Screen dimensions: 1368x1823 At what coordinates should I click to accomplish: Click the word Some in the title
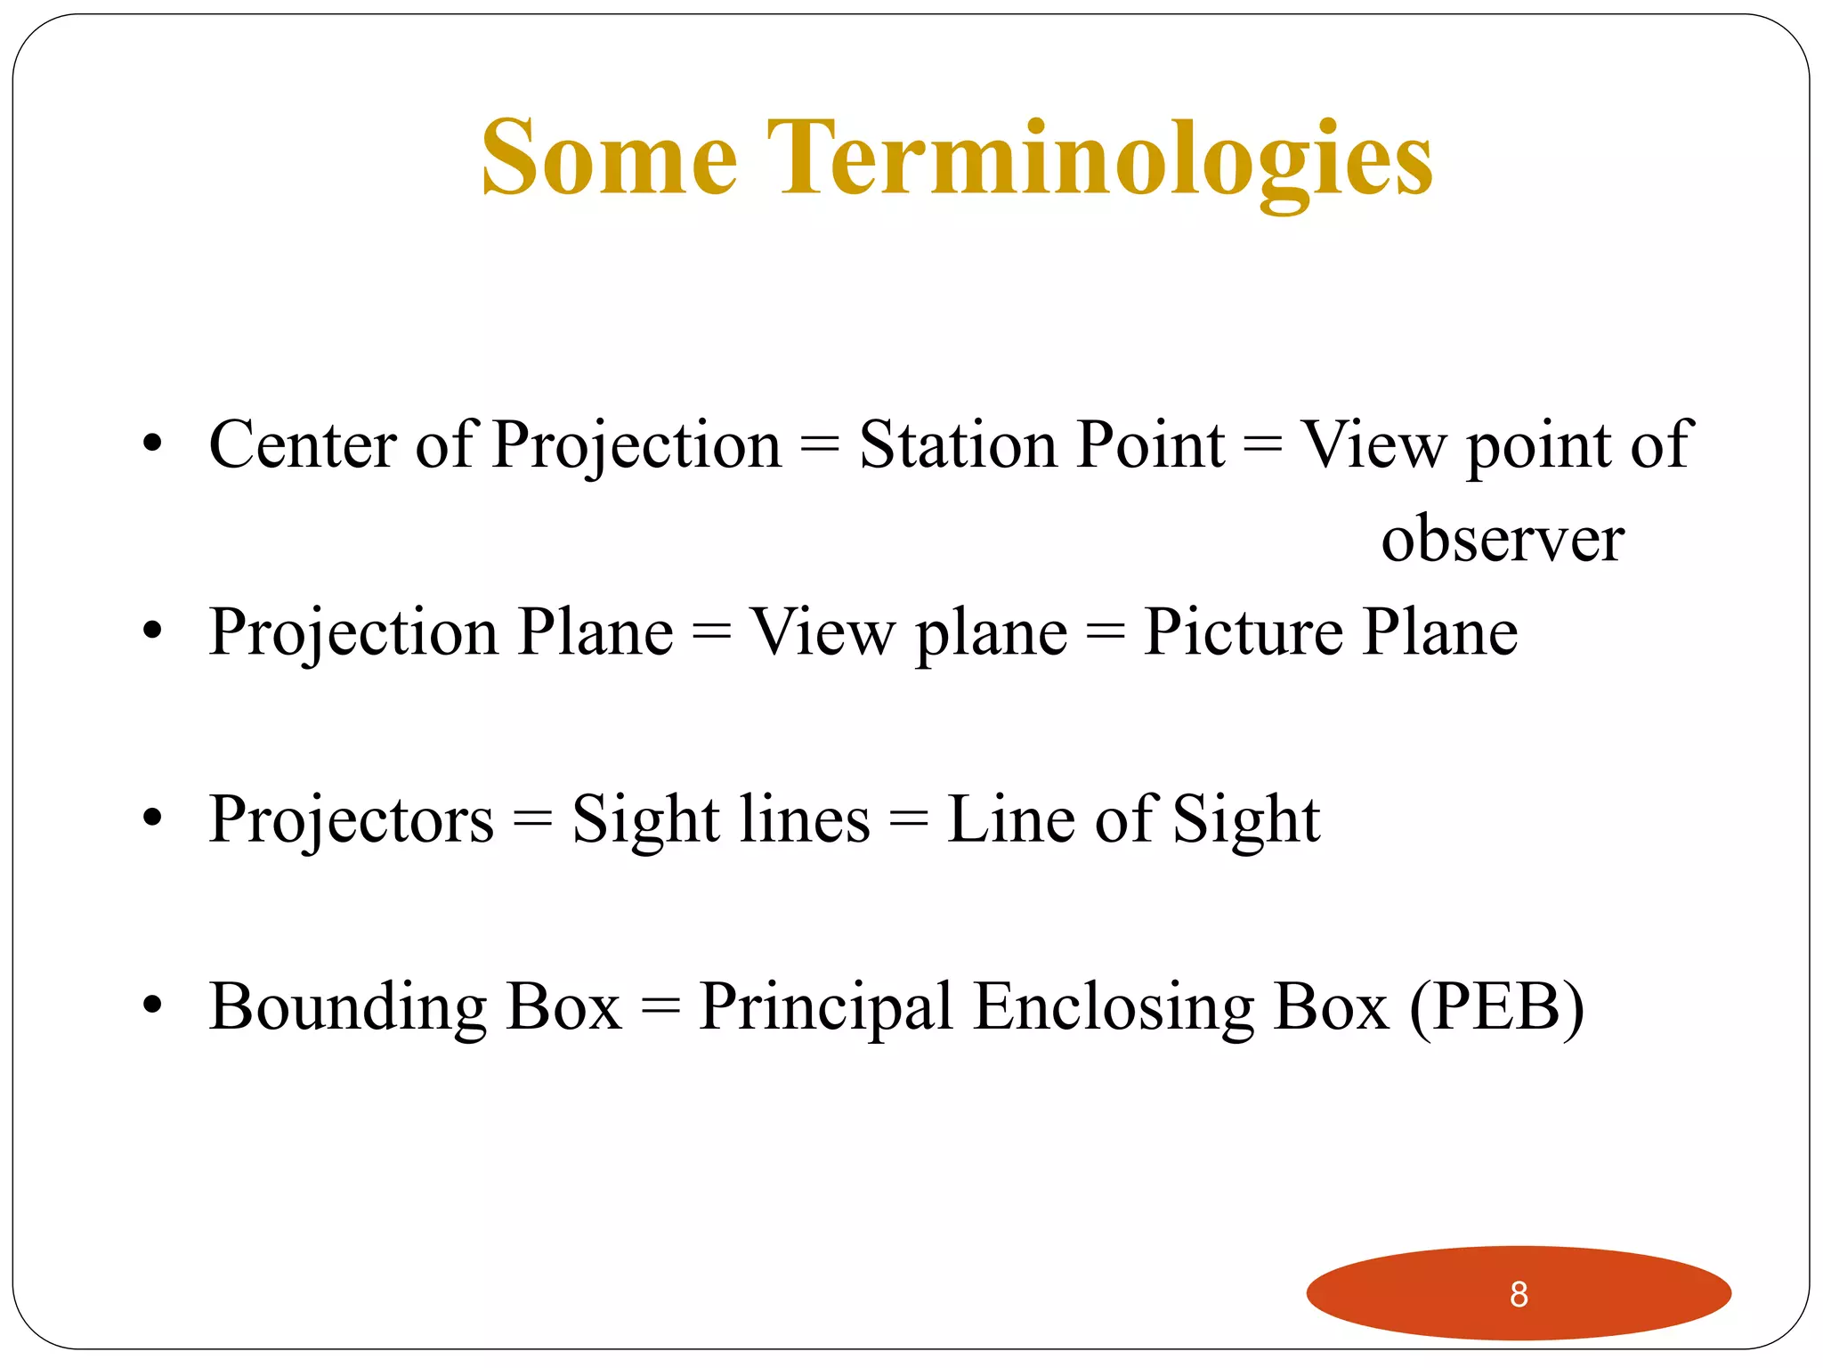(610, 160)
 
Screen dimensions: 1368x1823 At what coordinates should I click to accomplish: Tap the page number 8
(1519, 1294)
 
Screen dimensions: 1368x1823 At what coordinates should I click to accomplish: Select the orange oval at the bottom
(1424, 1294)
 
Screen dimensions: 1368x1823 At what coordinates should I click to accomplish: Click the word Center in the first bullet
(303, 444)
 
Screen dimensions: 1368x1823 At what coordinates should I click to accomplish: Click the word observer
(1503, 540)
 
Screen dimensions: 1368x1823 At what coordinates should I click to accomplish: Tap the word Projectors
(352, 820)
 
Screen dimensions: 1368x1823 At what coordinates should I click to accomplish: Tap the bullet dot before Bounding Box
(153, 1006)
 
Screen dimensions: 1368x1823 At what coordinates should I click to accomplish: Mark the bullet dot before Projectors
(153, 818)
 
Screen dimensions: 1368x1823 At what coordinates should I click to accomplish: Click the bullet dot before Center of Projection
(153, 443)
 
